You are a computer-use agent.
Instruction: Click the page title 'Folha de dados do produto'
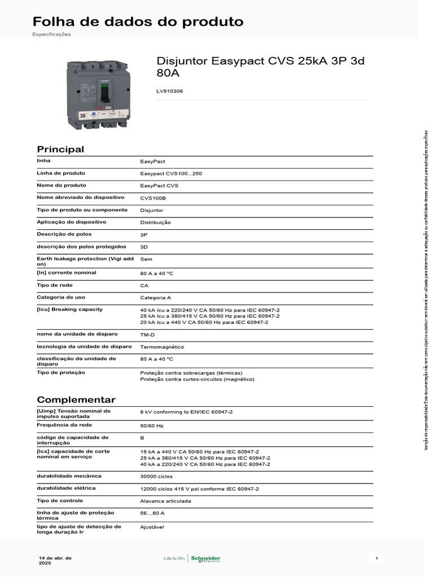(138, 22)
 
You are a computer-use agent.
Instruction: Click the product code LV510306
(170, 91)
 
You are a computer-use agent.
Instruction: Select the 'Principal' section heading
(60, 149)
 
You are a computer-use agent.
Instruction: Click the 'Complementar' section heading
(76, 400)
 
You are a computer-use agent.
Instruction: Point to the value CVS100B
(153, 198)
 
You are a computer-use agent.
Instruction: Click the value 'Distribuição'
(155, 223)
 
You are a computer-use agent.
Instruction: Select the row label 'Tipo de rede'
(53, 285)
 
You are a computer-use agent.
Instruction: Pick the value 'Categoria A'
(156, 298)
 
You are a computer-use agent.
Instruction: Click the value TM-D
(148, 335)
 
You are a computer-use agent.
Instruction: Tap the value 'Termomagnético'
(162, 347)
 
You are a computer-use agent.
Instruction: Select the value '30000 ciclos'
(157, 476)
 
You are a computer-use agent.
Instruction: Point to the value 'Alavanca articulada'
(165, 501)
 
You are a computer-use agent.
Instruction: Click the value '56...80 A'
(152, 513)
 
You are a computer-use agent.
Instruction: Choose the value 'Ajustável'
(152, 527)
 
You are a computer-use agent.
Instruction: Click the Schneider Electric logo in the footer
(206, 558)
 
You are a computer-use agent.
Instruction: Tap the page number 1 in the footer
(376, 558)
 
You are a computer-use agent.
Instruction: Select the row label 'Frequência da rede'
(64, 425)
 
